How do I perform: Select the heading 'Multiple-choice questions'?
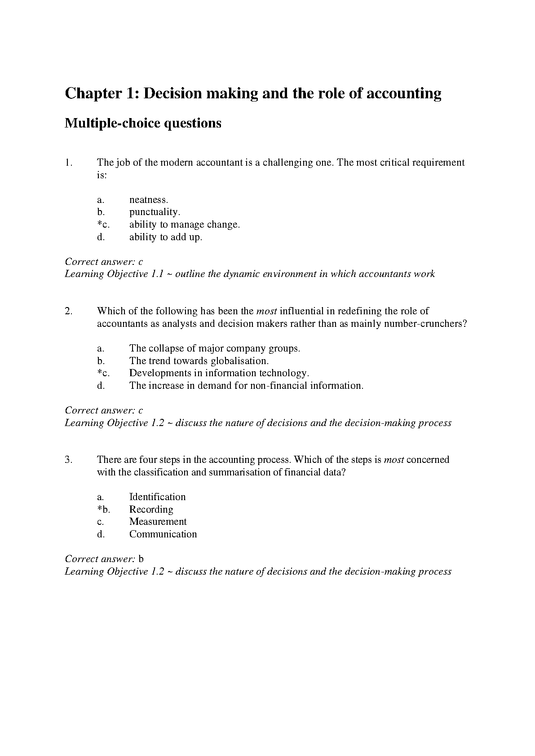pos(143,123)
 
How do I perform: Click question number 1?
pos(68,163)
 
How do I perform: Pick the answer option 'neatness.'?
pos(149,200)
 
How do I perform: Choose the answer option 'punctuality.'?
pos(155,212)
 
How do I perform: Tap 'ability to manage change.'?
pos(185,224)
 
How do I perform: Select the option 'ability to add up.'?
pos(166,237)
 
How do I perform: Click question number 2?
pos(68,311)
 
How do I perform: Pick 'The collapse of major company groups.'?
pos(215,348)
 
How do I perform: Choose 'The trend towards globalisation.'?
pos(199,360)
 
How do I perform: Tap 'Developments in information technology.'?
pos(219,373)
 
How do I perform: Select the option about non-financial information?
pos(246,386)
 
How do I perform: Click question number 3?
pos(68,460)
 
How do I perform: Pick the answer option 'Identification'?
pos(157,497)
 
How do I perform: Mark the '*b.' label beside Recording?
pos(103,510)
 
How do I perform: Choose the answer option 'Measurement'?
pos(158,522)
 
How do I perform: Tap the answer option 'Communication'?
pos(163,534)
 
